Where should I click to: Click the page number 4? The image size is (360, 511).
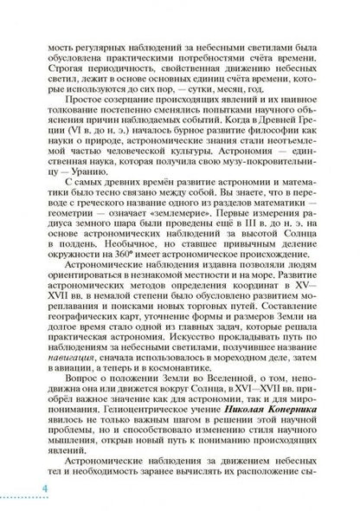pyautogui.click(x=19, y=492)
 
